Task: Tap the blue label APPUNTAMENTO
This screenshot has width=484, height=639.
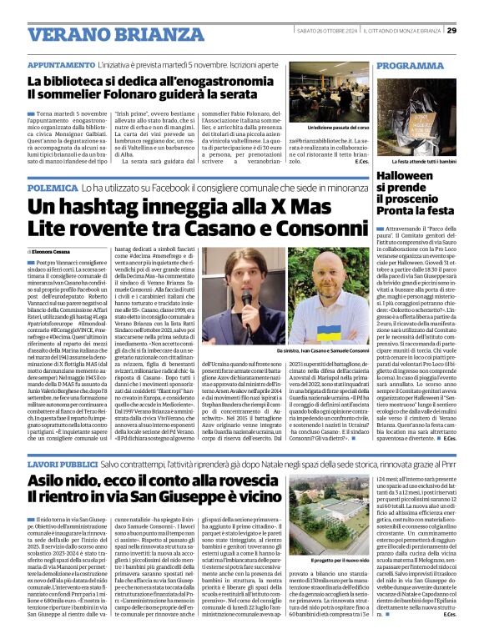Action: [x=59, y=64]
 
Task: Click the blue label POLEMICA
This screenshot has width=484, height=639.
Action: [x=51, y=189]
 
